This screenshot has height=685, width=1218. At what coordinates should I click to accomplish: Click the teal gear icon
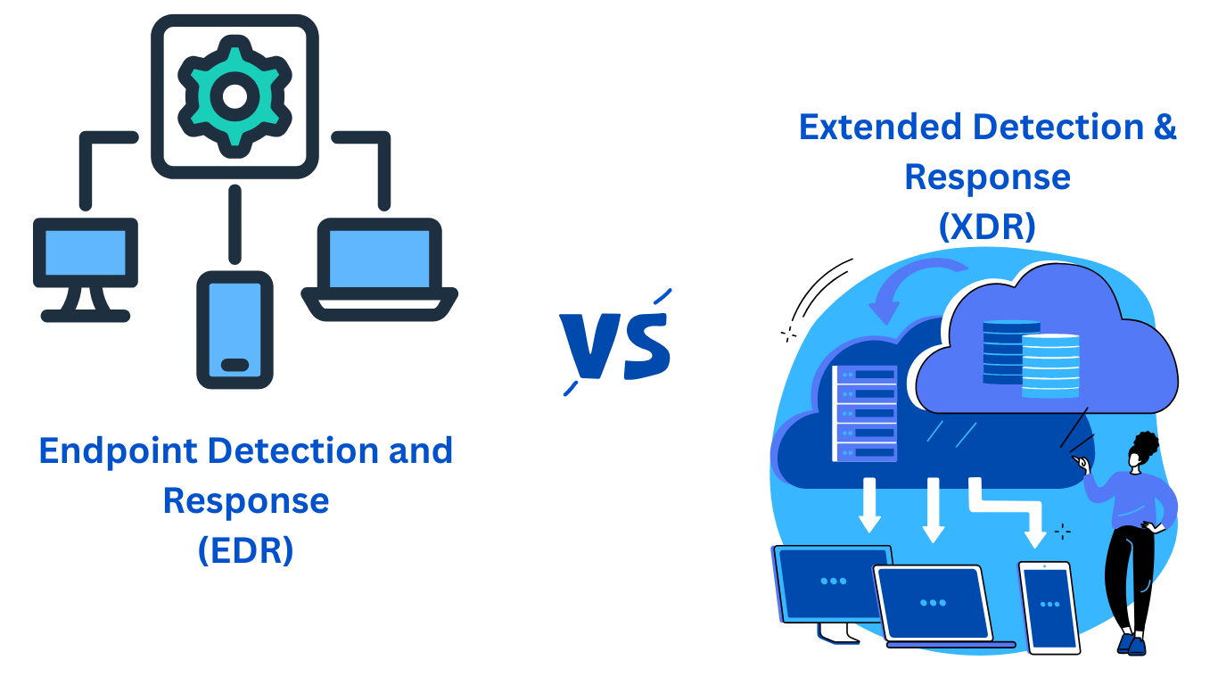(235, 96)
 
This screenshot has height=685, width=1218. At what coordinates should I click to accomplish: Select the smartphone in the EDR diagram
(235, 330)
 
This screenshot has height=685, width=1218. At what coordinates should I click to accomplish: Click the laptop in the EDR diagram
(380, 269)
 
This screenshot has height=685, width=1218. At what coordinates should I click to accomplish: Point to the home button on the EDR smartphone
(235, 365)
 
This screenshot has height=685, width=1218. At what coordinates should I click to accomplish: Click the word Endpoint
(118, 451)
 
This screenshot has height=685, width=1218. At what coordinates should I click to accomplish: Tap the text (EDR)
(246, 550)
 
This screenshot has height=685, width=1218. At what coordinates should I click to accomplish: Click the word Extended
(880, 127)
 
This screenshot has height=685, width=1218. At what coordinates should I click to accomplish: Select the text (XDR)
(987, 227)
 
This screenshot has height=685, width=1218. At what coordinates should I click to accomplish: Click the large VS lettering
(616, 342)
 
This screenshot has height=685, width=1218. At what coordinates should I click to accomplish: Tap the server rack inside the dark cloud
(865, 414)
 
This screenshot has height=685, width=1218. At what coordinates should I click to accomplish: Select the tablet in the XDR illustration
(1049, 607)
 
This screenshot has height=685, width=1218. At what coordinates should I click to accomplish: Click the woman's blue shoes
(1132, 644)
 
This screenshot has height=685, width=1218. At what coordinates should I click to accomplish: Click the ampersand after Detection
(1165, 127)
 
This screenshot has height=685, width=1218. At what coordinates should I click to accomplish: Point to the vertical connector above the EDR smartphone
(235, 224)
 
